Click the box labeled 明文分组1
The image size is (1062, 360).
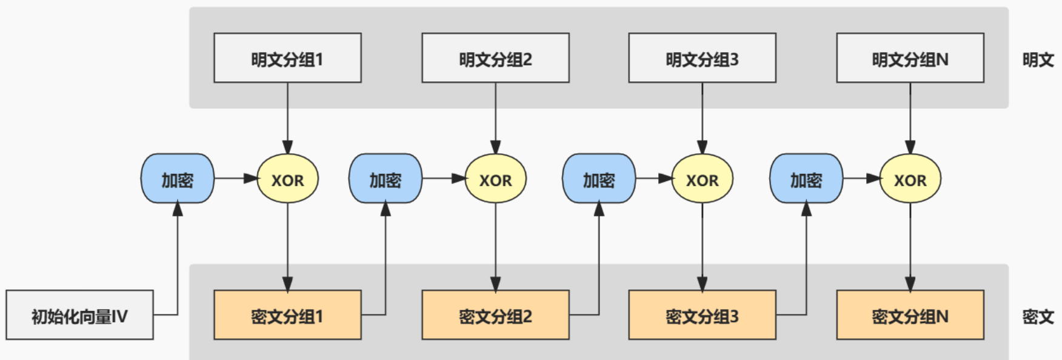(x=287, y=58)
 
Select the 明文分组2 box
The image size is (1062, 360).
(x=495, y=58)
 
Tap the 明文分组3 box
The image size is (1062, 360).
(x=702, y=58)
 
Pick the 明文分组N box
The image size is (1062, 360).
(x=910, y=58)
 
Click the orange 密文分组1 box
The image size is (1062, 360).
(x=287, y=315)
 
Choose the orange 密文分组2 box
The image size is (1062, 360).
(x=495, y=315)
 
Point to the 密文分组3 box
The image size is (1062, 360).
(x=702, y=315)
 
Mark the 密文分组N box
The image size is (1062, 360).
(x=910, y=315)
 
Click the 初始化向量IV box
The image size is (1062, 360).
(x=79, y=315)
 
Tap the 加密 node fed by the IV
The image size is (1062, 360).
(x=178, y=179)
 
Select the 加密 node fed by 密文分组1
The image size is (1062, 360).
(x=386, y=179)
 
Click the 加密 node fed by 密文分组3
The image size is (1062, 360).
(x=806, y=179)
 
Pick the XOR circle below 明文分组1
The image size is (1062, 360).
(x=287, y=179)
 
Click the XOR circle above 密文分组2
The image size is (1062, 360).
(x=495, y=179)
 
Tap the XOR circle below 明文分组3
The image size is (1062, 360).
(x=702, y=179)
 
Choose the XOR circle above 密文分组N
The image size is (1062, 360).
(x=910, y=179)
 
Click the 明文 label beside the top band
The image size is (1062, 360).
(x=1038, y=59)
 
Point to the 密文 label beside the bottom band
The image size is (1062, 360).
(x=1038, y=316)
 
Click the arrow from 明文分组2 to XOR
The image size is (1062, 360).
(x=495, y=118)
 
